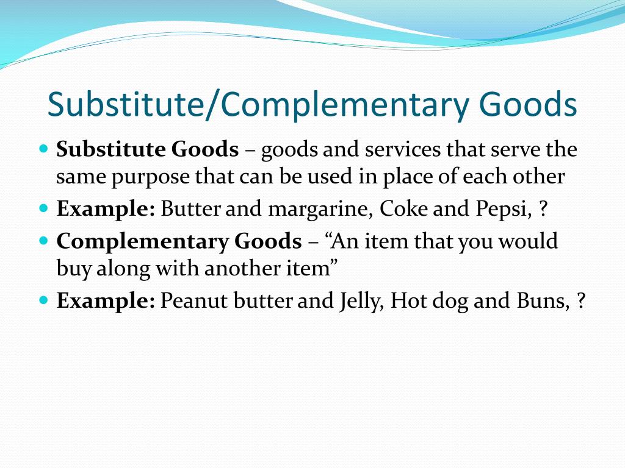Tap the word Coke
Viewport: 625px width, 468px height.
403,210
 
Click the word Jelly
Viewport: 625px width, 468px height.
360,302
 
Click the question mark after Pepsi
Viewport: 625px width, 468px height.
543,210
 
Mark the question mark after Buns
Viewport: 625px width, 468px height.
580,301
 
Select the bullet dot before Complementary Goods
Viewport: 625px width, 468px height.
43,241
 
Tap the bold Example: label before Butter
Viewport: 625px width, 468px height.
106,210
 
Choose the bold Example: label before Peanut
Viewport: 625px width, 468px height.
106,301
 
